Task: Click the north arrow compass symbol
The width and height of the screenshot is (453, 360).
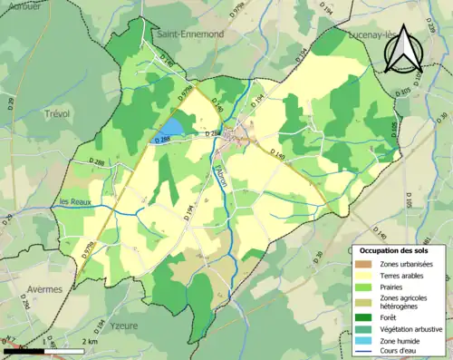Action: point(405,49)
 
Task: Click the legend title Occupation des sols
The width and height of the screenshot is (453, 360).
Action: point(397,249)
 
